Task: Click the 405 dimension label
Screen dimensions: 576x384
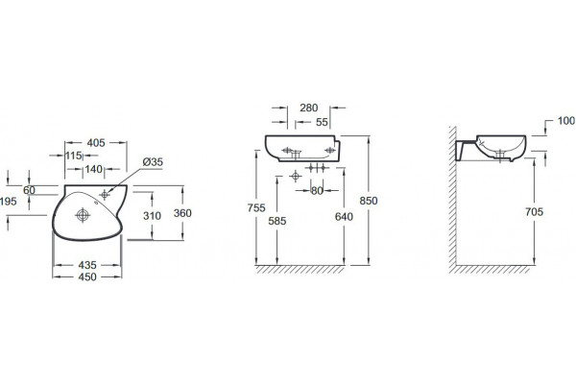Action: click(96, 143)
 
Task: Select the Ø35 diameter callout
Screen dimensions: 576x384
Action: click(153, 161)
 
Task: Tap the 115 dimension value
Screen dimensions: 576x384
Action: click(74, 156)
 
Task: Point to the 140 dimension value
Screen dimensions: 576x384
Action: click(94, 169)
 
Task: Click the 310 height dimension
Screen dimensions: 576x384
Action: click(152, 216)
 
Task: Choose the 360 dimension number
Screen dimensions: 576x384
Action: click(182, 213)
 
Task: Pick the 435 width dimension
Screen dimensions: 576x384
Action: click(87, 265)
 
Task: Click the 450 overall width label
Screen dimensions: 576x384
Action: click(87, 276)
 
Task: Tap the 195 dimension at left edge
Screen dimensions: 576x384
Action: click(9, 202)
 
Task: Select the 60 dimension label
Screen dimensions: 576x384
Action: click(29, 190)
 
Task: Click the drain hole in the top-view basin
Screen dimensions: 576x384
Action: click(83, 215)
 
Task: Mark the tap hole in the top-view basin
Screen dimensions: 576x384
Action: click(105, 194)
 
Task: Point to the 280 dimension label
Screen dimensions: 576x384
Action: click(308, 108)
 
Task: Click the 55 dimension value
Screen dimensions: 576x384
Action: click(322, 122)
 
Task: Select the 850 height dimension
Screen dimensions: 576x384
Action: click(369, 201)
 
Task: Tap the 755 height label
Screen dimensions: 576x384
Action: click(256, 208)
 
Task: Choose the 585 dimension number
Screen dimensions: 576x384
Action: click(277, 221)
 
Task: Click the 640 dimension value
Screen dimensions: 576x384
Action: click(344, 217)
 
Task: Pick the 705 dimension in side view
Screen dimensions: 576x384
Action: click(534, 211)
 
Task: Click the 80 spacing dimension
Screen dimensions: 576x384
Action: click(317, 191)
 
